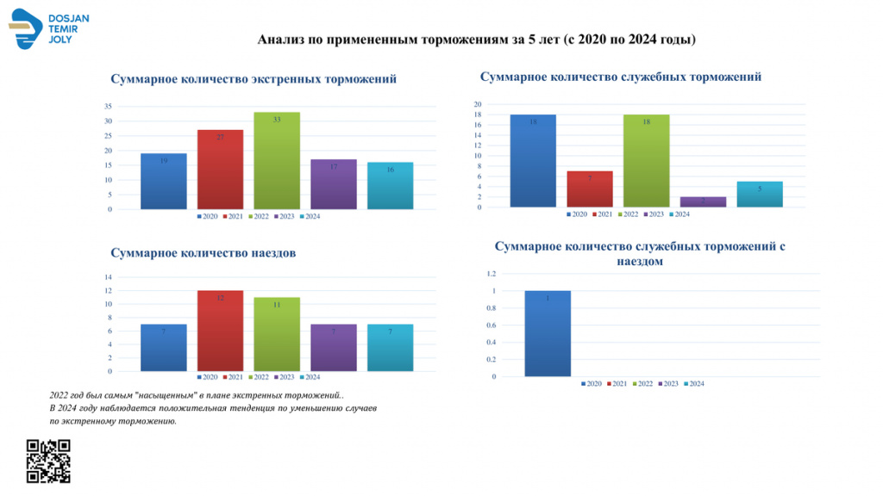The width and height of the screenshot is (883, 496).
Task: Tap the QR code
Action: tap(48, 461)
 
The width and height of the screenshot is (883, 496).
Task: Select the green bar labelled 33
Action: tap(277, 161)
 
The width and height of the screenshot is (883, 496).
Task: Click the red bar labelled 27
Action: tap(220, 170)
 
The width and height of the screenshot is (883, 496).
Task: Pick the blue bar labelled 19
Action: tap(164, 182)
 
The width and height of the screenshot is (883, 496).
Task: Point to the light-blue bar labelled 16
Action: tap(390, 186)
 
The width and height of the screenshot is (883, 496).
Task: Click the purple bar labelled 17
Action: tap(333, 184)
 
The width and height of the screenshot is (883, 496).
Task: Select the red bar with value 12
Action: tap(220, 332)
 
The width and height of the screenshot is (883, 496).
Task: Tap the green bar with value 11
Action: tap(277, 335)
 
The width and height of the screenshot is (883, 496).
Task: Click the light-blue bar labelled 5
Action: tap(760, 195)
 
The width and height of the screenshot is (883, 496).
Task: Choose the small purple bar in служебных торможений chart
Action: tap(703, 202)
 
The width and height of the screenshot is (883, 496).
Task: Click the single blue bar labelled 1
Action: tap(548, 334)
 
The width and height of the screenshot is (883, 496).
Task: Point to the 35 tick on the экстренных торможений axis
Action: tap(108, 106)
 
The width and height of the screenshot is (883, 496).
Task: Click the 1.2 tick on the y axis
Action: tap(491, 274)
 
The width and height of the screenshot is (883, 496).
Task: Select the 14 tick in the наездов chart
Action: tap(108, 277)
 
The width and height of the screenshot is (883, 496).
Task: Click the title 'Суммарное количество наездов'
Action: tap(204, 253)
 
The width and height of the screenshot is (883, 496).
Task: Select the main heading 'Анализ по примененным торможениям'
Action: tap(477, 40)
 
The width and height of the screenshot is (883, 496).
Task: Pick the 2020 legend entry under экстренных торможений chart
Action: tap(207, 216)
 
